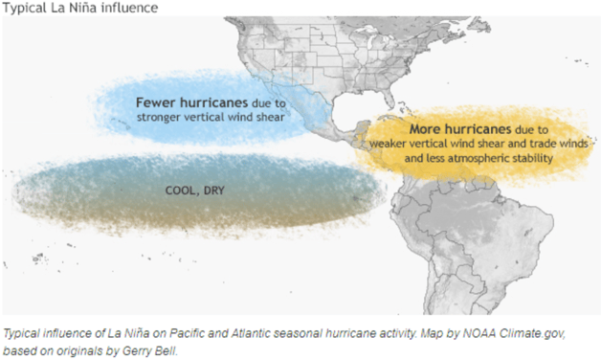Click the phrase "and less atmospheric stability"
479,156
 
